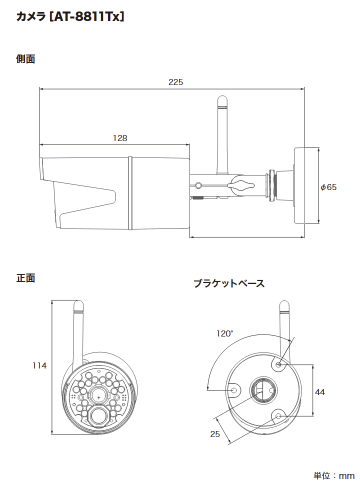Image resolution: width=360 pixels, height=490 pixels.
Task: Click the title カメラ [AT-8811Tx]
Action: (70, 16)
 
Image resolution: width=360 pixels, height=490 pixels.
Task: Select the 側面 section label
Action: (25, 59)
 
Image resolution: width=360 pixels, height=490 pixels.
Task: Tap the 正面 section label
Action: (25, 278)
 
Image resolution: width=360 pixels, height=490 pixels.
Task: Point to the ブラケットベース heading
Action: (228, 283)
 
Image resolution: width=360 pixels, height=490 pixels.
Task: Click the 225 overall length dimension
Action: (175, 82)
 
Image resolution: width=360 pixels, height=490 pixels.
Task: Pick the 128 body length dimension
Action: (120, 138)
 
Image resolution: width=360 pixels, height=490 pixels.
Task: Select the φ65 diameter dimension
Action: (329, 187)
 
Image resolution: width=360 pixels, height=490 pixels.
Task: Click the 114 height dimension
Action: (39, 365)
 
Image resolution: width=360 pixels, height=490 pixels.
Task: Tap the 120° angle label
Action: (224, 333)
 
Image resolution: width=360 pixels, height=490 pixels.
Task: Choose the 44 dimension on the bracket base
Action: (320, 392)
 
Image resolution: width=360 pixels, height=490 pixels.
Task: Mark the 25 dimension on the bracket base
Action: (215, 434)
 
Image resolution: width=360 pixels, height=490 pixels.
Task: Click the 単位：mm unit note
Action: (333, 475)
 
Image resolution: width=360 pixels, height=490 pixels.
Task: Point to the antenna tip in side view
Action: (222, 100)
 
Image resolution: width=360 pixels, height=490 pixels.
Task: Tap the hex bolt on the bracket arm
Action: (199, 185)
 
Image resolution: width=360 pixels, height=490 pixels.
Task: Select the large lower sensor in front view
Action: (99, 415)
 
